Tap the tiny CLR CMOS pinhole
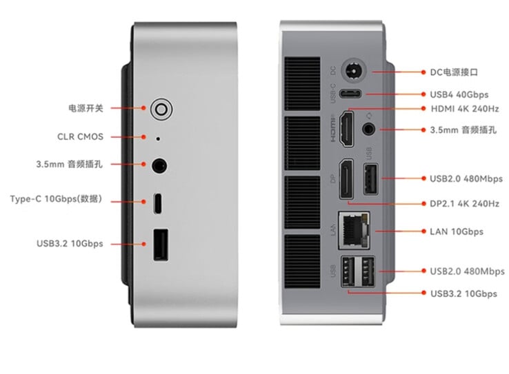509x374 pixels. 159,137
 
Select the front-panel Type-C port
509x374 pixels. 159,203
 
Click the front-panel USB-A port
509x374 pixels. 159,245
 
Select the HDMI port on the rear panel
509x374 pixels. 348,128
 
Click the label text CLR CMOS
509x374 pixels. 80,137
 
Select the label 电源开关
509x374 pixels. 86,108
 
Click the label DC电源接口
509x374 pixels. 454,72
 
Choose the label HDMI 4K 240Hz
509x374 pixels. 464,109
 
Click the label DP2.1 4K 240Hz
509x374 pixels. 463,204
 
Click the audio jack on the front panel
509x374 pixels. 159,165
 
